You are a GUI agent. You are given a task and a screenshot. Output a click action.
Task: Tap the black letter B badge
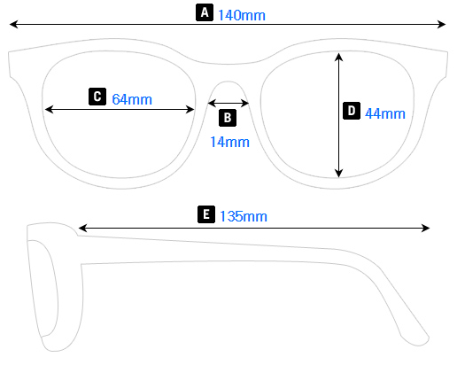click(227, 117)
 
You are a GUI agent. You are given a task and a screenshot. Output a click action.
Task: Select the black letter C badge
click(97, 97)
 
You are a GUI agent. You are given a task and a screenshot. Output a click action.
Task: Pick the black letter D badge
click(352, 112)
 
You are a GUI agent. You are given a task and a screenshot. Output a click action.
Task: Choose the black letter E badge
click(206, 215)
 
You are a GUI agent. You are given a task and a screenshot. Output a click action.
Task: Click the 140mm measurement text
click(241, 14)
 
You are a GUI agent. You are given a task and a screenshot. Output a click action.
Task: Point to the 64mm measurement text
click(133, 98)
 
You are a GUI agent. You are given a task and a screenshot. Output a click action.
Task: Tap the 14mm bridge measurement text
click(228, 141)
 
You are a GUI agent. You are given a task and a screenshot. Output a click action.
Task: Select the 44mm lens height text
click(384, 113)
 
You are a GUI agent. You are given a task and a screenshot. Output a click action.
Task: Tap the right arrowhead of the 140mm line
click(441, 26)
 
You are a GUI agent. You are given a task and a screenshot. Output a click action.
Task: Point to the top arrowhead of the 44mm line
click(338, 55)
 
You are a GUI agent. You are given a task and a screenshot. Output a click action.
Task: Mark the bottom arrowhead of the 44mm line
click(338, 174)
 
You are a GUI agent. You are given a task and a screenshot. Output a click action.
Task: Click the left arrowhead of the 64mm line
click(49, 109)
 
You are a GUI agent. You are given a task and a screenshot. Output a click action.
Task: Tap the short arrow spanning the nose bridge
click(227, 103)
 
